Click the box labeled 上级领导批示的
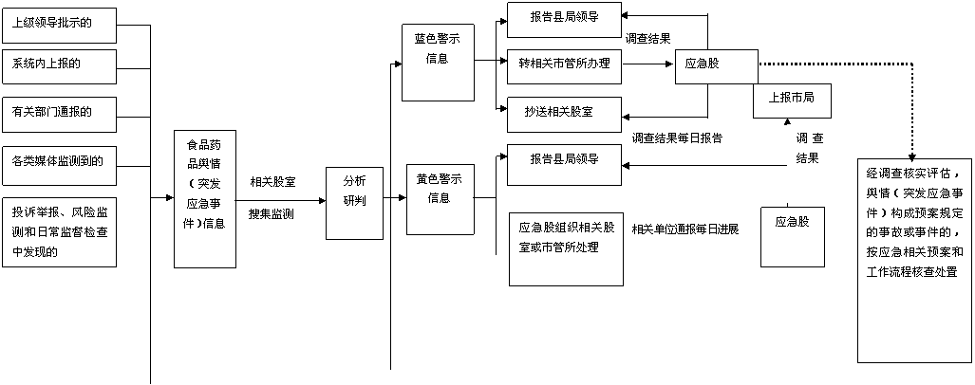tap(59, 26)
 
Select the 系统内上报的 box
tap(59, 66)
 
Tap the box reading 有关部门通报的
tap(59, 114)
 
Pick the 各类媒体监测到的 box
tap(59, 164)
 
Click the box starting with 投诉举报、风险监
tap(59, 231)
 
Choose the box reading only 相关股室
tap(272, 181)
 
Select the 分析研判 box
tap(353, 202)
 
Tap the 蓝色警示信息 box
tap(438, 62)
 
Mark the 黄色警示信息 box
tap(439, 199)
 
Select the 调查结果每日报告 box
tap(680, 139)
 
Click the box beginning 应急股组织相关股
tap(566, 247)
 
